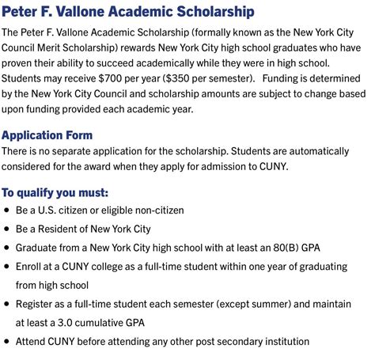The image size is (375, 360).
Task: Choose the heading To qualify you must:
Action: coord(55,192)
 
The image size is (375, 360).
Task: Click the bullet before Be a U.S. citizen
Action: coord(7,210)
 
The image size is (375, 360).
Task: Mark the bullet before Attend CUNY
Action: coord(7,342)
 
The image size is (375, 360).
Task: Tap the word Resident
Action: coord(60,229)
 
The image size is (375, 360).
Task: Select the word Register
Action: coord(36,304)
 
